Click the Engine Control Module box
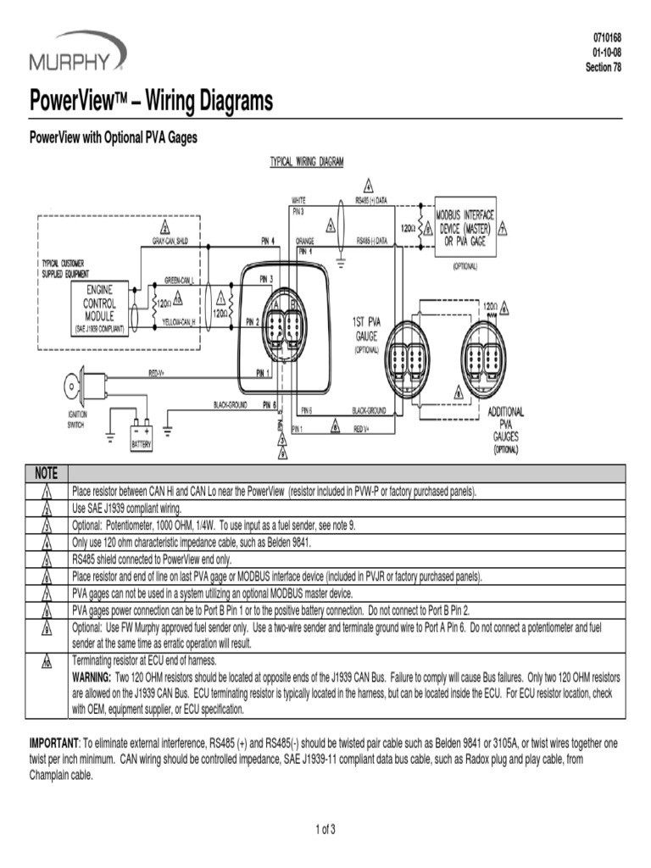[99, 308]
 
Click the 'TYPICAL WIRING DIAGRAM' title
[306, 161]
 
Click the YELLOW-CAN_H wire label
[180, 323]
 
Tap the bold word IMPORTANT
[54, 743]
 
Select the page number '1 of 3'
[325, 829]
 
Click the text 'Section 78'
[604, 68]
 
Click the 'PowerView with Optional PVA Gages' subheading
[114, 136]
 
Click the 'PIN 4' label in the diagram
[268, 241]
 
